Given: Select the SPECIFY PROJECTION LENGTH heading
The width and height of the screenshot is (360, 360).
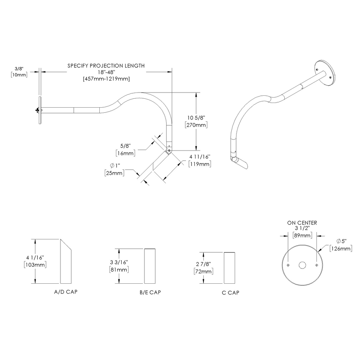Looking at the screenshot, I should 106,66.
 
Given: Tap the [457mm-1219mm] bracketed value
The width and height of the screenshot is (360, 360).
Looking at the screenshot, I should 106,79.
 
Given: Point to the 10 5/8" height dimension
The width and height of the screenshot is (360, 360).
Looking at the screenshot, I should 196,118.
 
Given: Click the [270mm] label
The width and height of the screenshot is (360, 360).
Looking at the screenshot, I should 196,125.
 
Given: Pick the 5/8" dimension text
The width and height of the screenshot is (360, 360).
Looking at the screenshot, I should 125,147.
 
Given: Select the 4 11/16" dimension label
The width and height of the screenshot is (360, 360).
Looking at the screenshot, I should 199,157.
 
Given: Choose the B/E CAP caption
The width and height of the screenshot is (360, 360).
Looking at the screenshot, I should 150,292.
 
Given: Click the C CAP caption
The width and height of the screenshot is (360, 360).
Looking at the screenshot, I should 231,292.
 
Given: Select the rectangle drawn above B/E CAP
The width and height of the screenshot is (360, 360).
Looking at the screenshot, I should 150,266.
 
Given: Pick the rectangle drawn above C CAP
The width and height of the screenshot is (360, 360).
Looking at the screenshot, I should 230,268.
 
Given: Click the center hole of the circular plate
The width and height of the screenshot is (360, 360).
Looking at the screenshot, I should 302,265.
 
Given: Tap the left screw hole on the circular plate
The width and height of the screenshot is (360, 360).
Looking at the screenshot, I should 288,265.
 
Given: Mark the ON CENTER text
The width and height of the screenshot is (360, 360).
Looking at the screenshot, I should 302,223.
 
